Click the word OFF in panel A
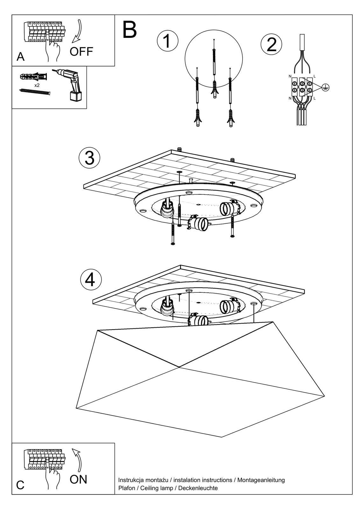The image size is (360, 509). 81,51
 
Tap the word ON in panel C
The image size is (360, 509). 78,479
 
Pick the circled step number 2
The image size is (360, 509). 271,45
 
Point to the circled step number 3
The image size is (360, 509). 89,158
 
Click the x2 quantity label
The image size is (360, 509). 37,85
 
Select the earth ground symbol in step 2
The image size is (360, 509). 325,87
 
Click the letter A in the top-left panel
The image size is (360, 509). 21,57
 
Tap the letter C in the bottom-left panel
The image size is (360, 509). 20,485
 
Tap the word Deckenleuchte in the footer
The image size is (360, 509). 198,488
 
